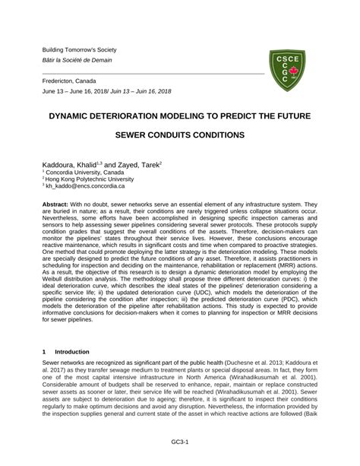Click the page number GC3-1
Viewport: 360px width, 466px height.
[180, 440]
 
